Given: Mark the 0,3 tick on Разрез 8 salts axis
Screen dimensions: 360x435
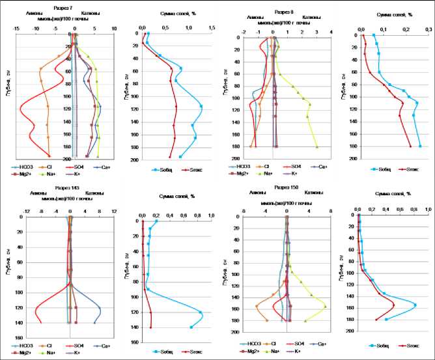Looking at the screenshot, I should pyautogui.click(x=428, y=29).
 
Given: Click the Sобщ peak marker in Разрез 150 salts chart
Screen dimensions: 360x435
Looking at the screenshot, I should pyautogui.click(x=415, y=305).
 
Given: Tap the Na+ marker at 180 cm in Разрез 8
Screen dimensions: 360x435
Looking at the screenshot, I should pyautogui.click(x=317, y=147).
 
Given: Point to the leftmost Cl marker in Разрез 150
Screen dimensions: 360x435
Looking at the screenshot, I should pyautogui.click(x=257, y=305).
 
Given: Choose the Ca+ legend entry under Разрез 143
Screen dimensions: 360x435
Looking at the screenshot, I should pyautogui.click(x=102, y=344).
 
